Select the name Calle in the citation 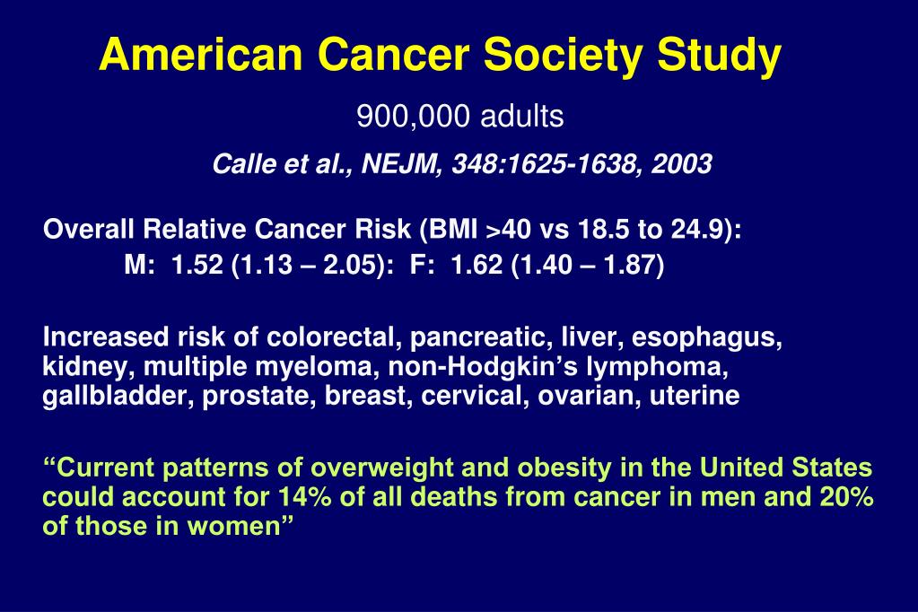238,165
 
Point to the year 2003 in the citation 683,165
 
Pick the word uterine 702,397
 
